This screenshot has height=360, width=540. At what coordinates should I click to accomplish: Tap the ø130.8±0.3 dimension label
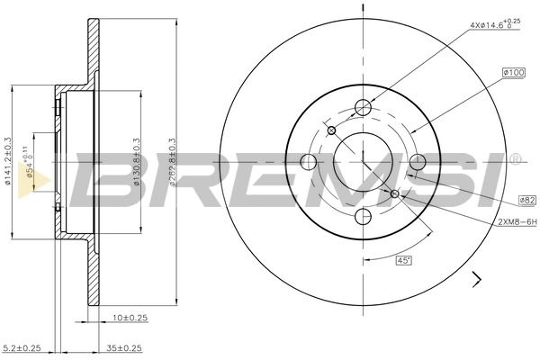[x=137, y=163]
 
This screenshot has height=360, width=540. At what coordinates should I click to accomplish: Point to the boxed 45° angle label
[x=405, y=260]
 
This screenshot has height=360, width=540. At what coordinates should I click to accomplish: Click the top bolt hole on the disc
[x=364, y=107]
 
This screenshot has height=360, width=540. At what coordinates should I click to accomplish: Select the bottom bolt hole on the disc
[x=364, y=217]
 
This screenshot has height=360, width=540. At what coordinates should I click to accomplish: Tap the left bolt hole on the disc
[x=308, y=162]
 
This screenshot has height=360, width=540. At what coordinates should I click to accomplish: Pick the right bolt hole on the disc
[x=418, y=162]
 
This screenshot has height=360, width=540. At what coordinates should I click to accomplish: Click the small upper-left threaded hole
[x=332, y=130]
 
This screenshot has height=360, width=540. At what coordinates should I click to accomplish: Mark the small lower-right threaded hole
[x=394, y=193]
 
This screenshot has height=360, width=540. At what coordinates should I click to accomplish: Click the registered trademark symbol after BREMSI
[x=515, y=159]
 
